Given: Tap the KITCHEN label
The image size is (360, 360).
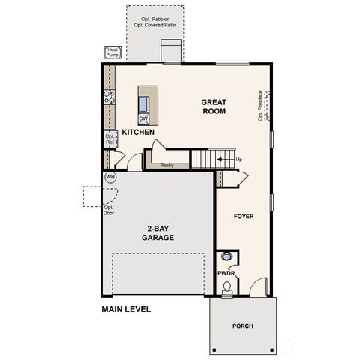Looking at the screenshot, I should pos(138,133).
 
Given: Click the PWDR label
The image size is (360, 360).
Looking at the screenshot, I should pos(226,274).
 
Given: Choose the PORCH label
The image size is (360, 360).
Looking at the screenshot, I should pos(242,325).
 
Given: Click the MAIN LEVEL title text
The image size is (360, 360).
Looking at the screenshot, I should pos(126,309).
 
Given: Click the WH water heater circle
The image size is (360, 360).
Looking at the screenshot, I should pos(110,178).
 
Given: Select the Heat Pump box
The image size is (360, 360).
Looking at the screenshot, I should pos(113,52).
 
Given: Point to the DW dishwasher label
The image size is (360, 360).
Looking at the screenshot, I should pos(143,119).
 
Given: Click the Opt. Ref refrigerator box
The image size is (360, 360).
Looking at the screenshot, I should pos(109,139).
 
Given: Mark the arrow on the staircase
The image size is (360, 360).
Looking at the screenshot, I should pos(220,160).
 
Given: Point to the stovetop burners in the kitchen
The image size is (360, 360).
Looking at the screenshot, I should pos(109,96).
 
